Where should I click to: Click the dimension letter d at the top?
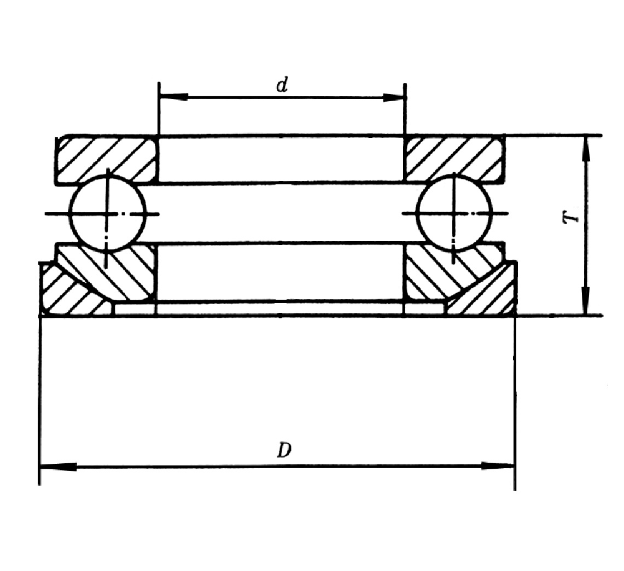click(282, 85)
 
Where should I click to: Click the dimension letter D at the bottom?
click(284, 451)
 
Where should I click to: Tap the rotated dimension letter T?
click(570, 217)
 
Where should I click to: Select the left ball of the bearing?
click(107, 214)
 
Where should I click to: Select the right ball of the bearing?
click(454, 214)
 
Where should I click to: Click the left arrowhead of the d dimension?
click(173, 97)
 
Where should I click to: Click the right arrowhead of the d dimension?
click(393, 97)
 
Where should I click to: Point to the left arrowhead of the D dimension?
click(58, 467)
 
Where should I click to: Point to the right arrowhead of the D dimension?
click(498, 466)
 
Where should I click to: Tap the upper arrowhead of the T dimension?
click(586, 149)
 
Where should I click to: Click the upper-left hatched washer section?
click(107, 159)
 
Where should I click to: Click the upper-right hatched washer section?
click(455, 159)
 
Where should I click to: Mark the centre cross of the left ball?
click(107, 214)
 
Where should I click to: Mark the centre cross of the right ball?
click(454, 214)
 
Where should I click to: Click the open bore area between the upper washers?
click(281, 159)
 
